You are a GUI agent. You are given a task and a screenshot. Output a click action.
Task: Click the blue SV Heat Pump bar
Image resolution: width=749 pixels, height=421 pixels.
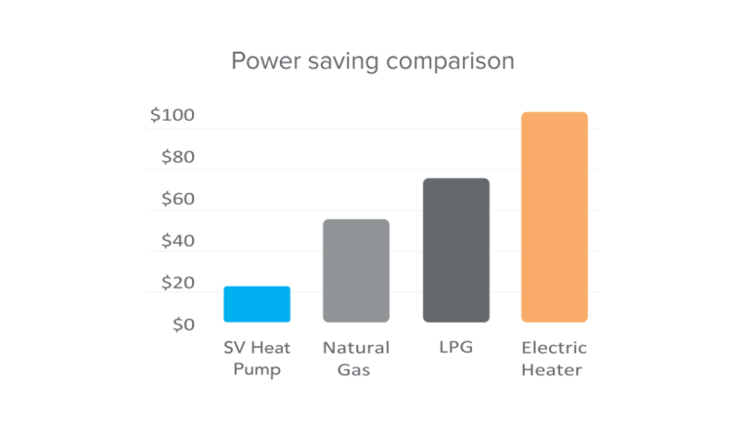(257, 304)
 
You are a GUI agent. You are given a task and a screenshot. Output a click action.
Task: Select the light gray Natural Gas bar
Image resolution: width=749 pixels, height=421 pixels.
(356, 271)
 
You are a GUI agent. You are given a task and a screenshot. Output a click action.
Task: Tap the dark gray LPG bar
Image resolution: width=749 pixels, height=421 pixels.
(456, 250)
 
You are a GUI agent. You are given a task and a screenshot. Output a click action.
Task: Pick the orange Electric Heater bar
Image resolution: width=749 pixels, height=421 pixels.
(555, 217)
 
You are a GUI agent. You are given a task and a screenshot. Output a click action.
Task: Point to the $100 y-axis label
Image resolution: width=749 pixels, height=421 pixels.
(173, 115)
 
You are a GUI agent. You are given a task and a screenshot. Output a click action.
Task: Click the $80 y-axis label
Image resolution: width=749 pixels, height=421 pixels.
(177, 157)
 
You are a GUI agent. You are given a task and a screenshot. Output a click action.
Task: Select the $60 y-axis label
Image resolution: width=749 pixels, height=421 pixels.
(177, 199)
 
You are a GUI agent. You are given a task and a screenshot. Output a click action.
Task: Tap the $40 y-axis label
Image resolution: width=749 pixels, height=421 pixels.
(177, 241)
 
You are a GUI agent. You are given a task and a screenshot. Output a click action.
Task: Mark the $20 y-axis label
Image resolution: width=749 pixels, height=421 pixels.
(177, 283)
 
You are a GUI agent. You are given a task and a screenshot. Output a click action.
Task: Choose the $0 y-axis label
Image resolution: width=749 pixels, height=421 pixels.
(183, 325)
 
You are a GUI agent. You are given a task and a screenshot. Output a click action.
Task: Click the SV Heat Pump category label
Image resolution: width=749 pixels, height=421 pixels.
(256, 359)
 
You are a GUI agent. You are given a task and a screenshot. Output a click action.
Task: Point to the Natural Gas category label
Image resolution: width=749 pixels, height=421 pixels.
(356, 359)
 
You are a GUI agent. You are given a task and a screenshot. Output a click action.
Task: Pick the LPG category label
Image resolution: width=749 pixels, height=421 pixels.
(456, 347)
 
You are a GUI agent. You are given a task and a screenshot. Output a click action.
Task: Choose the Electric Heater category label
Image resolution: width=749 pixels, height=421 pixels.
(555, 359)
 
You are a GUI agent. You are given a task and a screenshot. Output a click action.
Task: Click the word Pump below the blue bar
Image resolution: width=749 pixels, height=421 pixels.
(256, 370)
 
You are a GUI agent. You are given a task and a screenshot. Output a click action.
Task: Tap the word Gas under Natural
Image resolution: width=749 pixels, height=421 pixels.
(356, 370)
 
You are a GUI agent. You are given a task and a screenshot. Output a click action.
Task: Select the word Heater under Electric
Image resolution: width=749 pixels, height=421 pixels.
(555, 370)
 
